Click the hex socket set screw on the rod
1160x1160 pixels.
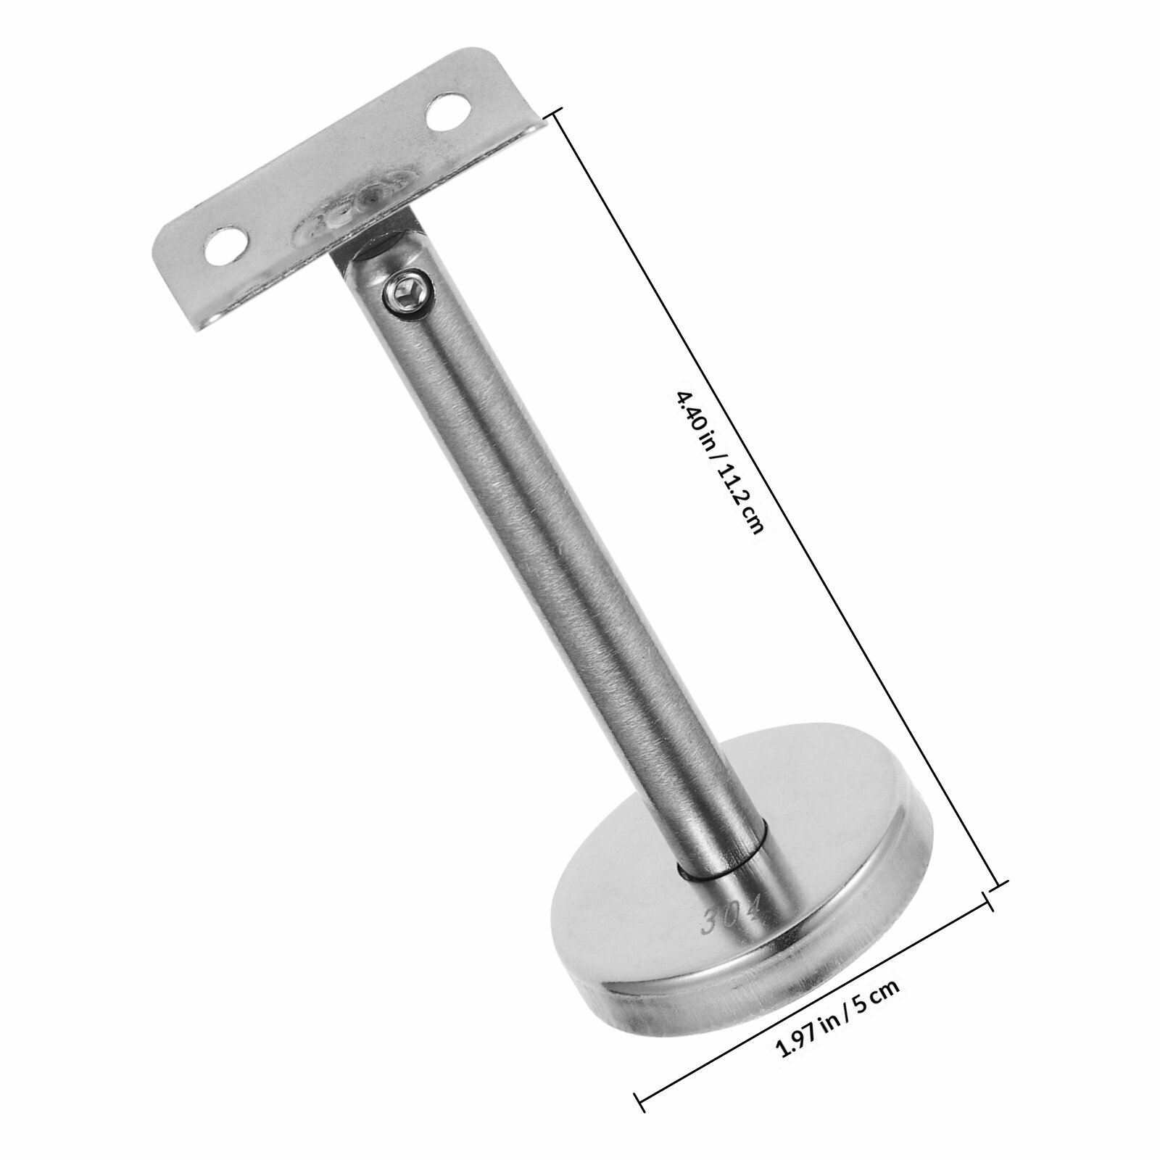(x=409, y=295)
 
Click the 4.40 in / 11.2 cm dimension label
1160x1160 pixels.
(x=718, y=463)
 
